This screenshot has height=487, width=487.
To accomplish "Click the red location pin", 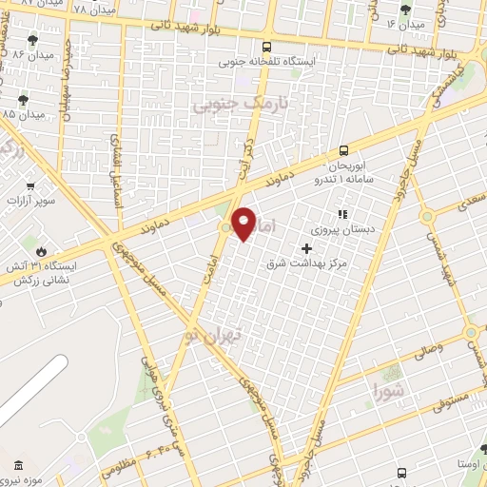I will [244, 223].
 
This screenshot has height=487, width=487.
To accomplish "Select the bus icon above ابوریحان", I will [344, 149].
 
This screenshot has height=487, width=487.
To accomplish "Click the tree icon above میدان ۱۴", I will [407, 10].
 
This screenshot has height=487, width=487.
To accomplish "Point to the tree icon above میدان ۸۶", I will [33, 39].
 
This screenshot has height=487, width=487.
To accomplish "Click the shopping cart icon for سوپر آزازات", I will [31, 185].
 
